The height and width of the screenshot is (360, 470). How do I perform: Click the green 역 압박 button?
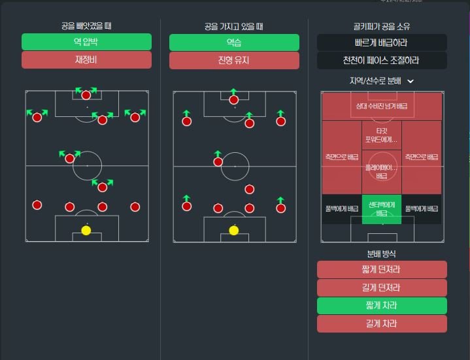pyautogui.click(x=86, y=42)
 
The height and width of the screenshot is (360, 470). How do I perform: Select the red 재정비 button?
pyautogui.click(x=86, y=60)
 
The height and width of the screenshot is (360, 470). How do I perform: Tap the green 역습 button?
pyautogui.click(x=234, y=42)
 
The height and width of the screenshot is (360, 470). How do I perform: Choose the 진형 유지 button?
pyautogui.click(x=234, y=60)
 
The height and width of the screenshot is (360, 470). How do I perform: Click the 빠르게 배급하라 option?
pyautogui.click(x=382, y=42)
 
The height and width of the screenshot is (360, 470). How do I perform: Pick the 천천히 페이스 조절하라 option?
pyautogui.click(x=382, y=61)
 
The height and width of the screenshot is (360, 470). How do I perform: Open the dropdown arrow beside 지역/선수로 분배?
pyautogui.click(x=411, y=81)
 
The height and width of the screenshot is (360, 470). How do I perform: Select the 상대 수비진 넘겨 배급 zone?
pyautogui.click(x=382, y=105)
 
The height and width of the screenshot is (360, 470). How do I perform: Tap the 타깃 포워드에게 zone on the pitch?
pyautogui.click(x=382, y=135)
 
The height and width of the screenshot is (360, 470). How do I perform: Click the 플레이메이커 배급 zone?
pyautogui.click(x=382, y=171)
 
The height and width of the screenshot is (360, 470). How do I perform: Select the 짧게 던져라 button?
pyautogui.click(x=382, y=270)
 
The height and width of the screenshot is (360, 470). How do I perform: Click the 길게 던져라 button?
pyautogui.click(x=382, y=287)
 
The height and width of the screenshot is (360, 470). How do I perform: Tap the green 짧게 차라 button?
pyautogui.click(x=382, y=306)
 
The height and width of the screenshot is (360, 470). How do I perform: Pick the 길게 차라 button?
pyautogui.click(x=382, y=323)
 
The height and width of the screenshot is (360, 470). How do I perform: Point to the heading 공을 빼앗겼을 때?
pyautogui.click(x=86, y=27)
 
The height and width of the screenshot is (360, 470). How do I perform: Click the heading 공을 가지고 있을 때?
pyautogui.click(x=234, y=27)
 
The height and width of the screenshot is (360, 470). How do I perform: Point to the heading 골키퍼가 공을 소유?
pyautogui.click(x=382, y=27)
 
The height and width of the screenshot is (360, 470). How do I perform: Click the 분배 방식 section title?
pyautogui.click(x=382, y=254)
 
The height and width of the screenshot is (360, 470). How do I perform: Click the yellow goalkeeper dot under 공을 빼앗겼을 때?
pyautogui.click(x=86, y=230)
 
